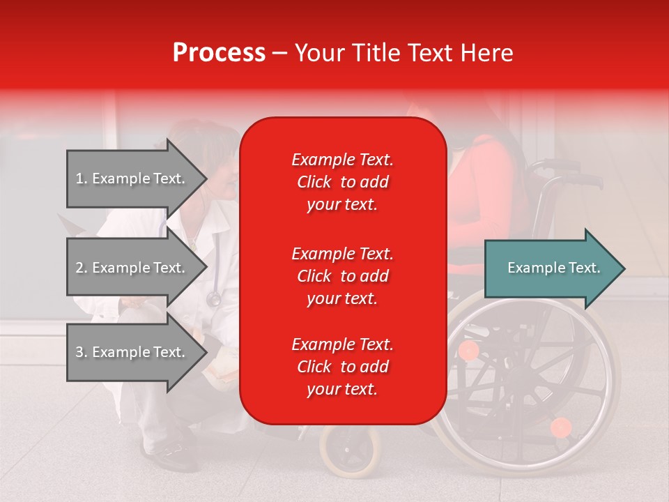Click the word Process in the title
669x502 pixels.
point(219,53)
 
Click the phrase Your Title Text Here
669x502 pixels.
point(403,53)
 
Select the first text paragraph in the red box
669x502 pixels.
point(342,182)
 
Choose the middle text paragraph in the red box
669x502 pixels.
point(342,276)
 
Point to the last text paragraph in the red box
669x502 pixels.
point(342,367)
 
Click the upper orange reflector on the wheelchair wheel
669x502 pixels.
point(469,350)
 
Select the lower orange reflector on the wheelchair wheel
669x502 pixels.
point(560,427)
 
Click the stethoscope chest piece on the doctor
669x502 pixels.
point(213,298)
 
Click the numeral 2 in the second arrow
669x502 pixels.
point(79,268)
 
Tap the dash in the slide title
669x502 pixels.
point(279,53)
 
